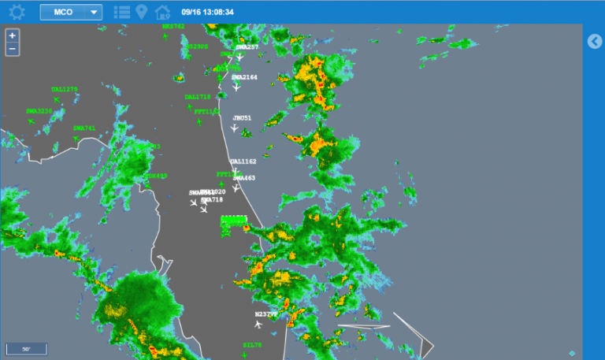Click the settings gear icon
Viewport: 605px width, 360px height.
(x=17, y=12)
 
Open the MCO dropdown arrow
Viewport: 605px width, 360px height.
(x=94, y=12)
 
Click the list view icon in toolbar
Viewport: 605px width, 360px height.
(x=122, y=12)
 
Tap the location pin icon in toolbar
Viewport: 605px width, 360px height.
(x=142, y=12)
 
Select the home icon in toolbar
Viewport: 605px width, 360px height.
(x=162, y=12)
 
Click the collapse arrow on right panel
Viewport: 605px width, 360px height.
(x=595, y=42)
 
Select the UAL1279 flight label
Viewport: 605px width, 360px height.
(x=65, y=90)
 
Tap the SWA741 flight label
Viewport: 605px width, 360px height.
(x=84, y=128)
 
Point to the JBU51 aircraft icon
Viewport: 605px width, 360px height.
(x=234, y=128)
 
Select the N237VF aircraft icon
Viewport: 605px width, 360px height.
(x=258, y=324)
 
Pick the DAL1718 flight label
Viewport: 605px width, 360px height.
(x=198, y=97)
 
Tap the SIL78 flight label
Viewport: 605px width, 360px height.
(x=252, y=345)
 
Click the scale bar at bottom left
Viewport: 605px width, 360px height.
(x=26, y=348)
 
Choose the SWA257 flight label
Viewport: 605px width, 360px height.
(x=247, y=47)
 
